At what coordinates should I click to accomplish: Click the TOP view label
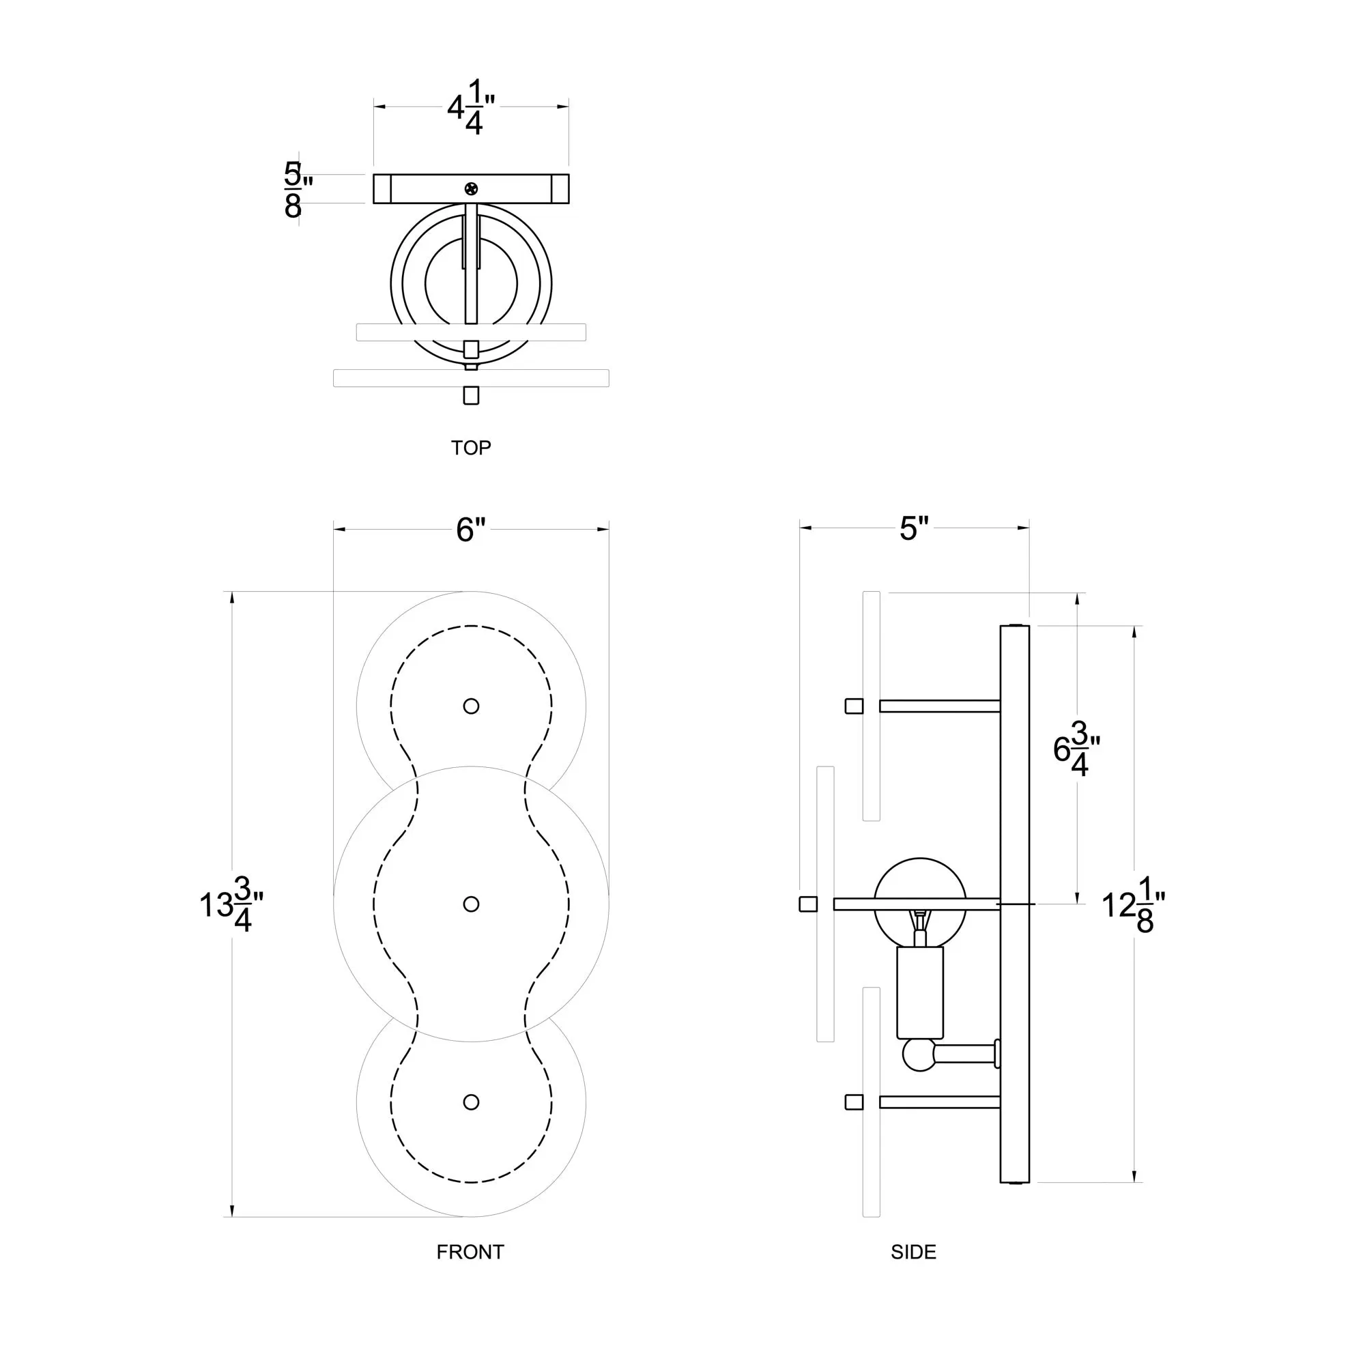470,448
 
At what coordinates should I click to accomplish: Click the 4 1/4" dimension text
471,107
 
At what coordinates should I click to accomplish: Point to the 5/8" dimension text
298,189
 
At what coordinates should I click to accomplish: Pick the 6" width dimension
471,530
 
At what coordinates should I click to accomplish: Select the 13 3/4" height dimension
232,904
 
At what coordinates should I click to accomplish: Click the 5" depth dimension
914,528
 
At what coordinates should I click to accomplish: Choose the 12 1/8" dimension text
1133,905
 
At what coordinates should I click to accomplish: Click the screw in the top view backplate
471,188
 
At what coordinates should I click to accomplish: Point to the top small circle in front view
471,706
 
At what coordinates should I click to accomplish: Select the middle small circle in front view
471,904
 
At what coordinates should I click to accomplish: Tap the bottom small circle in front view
471,1102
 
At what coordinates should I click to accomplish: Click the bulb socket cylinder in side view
920,992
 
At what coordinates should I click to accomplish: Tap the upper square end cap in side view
854,706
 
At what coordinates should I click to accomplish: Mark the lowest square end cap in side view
854,1102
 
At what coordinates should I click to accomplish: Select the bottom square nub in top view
471,395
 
